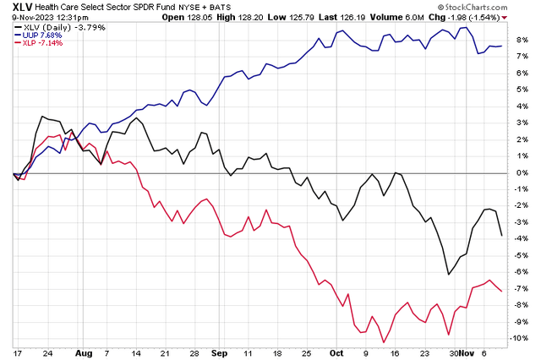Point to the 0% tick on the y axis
coord(526,173)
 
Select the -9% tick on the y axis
coord(524,321)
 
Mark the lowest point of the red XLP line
coord(384,342)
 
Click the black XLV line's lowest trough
coord(448,274)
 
